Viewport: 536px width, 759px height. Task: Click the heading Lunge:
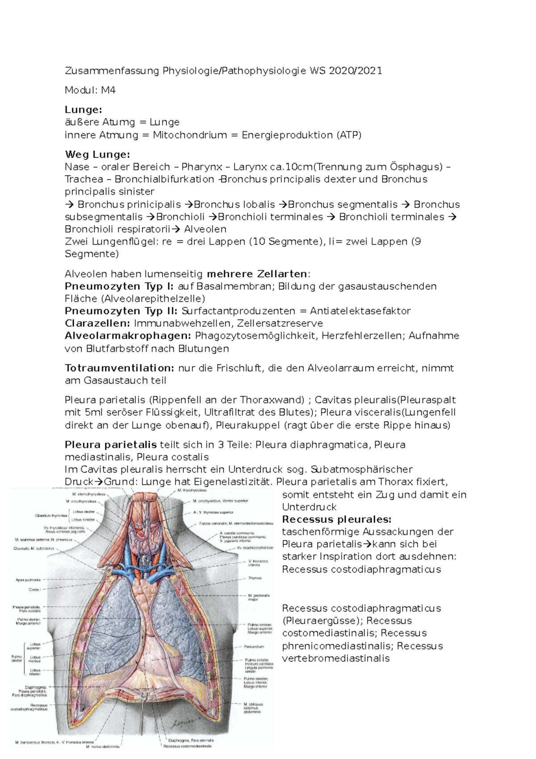tap(84, 110)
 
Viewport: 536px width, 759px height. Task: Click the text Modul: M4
tap(90, 90)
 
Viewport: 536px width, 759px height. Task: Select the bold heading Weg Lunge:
tap(97, 155)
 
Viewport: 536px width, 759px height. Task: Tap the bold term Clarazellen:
tap(98, 323)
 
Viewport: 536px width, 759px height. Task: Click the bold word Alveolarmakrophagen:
tap(128, 336)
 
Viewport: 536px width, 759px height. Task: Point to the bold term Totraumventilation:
tap(120, 368)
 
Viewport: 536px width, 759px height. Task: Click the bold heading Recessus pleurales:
tap(337, 519)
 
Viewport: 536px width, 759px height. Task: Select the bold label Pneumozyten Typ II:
tap(121, 311)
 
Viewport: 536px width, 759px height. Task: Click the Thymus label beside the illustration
tap(255, 578)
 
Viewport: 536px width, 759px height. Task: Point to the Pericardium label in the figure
tap(254, 646)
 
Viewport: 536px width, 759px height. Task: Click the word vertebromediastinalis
tap(336, 658)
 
